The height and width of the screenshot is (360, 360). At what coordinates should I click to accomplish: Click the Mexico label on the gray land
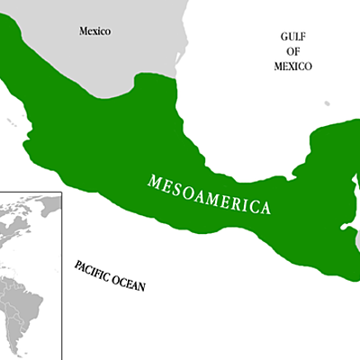click(x=94, y=31)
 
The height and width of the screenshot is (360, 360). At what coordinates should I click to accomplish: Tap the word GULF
click(x=294, y=37)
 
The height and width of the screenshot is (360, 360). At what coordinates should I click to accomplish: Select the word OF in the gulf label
click(x=294, y=51)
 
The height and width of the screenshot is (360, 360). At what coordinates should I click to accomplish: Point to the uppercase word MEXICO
click(x=294, y=66)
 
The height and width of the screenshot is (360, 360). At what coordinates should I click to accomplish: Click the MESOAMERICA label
click(x=209, y=193)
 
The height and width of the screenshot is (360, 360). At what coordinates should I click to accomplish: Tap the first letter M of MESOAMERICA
click(x=153, y=176)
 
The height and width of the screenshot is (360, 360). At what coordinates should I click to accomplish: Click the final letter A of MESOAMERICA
click(x=265, y=211)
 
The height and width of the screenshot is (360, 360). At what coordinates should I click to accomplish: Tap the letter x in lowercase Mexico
click(x=97, y=31)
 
